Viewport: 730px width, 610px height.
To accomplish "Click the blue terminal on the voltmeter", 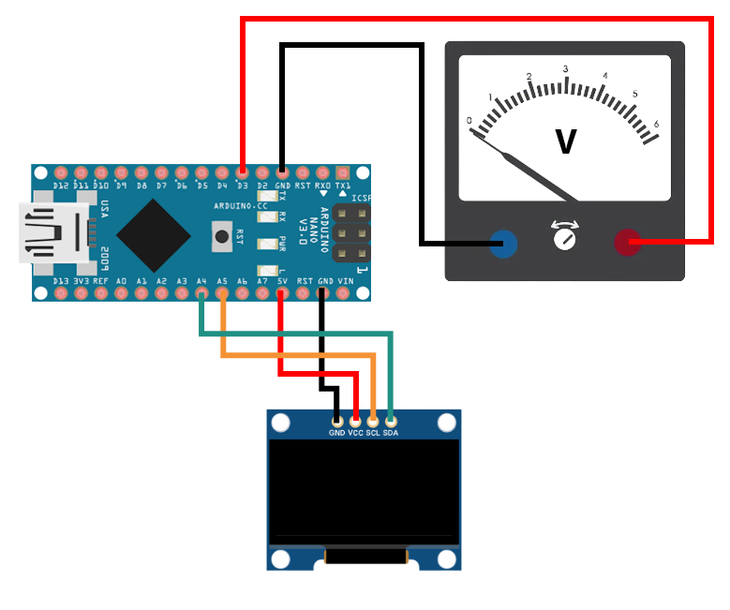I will (503, 245).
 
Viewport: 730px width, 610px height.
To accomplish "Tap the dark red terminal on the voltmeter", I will (627, 244).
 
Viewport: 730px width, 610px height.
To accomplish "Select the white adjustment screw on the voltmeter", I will (565, 239).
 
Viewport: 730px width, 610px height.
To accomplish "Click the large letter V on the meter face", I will (566, 141).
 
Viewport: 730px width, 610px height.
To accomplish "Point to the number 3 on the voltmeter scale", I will (565, 69).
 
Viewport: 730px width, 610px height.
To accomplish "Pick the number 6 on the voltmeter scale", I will (656, 124).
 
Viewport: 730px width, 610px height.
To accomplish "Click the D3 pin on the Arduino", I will (242, 173).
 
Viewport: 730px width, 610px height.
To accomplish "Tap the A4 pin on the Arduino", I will (202, 293).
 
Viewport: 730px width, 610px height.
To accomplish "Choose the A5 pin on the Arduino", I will (222, 293).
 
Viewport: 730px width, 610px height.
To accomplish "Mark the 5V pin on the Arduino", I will (282, 293).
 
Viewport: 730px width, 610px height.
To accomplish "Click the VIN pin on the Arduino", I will (344, 293).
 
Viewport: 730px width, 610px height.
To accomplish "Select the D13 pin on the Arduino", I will (61, 293).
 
